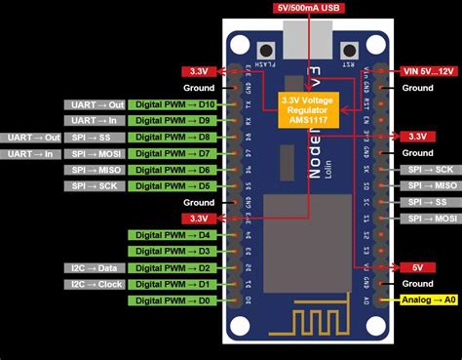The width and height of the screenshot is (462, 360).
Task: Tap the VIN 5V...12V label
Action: tap(427, 71)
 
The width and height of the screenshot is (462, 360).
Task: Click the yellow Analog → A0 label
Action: tap(427, 300)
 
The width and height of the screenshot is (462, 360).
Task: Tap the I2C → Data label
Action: tap(96, 267)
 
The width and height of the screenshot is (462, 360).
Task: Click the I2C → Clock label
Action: tap(96, 284)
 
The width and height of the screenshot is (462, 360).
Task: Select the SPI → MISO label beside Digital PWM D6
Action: tap(96, 170)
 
